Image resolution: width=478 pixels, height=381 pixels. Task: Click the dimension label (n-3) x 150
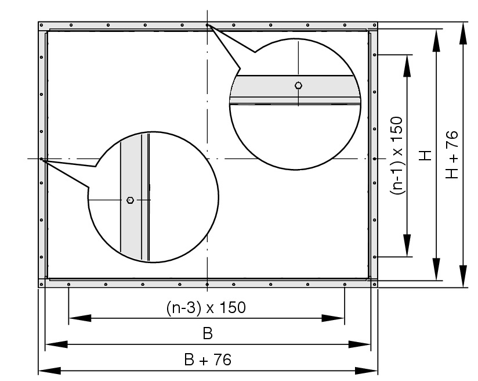[x=206, y=308]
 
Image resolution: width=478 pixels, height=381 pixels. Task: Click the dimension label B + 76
[x=208, y=360]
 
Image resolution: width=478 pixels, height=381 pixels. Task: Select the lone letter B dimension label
[x=208, y=333]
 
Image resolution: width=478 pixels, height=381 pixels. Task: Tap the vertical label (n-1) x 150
[x=397, y=156]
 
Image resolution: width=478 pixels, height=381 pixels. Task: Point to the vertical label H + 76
[x=452, y=154]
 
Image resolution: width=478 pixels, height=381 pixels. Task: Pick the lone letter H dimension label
[x=425, y=156]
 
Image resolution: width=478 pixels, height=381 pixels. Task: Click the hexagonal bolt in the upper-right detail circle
[x=299, y=85]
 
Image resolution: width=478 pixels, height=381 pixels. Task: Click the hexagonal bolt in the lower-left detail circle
[x=130, y=200]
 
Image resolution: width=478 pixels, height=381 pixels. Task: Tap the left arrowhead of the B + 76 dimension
[x=49, y=371]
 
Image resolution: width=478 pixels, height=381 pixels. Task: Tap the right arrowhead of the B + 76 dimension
[x=367, y=371]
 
